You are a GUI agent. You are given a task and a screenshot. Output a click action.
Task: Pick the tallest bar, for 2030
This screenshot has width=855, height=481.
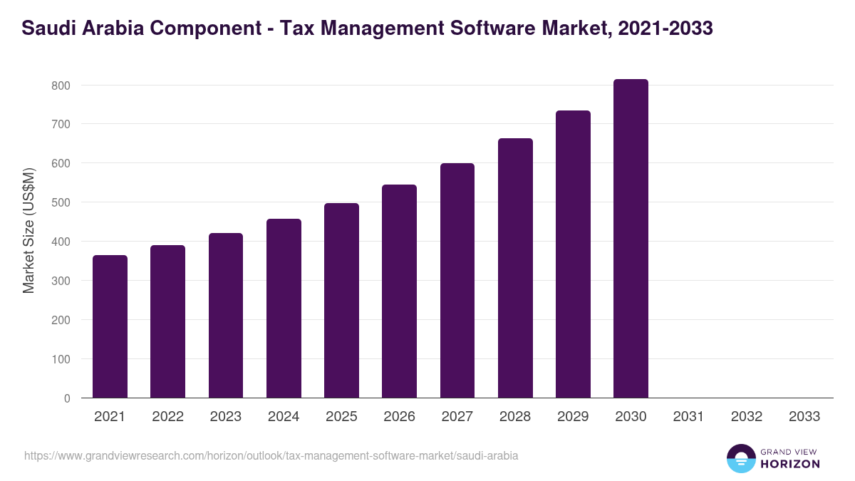(631, 238)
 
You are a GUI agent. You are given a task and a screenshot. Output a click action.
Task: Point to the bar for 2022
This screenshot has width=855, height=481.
(167, 321)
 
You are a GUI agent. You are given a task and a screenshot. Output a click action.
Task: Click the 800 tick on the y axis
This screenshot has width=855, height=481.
(61, 86)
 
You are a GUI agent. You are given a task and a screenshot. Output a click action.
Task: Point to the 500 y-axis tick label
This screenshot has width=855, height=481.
(61, 202)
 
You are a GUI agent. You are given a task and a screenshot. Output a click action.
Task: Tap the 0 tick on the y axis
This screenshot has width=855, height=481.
(67, 398)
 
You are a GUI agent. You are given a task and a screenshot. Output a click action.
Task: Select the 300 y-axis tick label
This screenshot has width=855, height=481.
(61, 281)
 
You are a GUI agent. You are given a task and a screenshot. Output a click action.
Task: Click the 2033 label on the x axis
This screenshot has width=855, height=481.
(804, 417)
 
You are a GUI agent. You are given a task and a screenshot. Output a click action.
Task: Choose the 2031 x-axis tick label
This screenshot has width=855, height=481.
(688, 417)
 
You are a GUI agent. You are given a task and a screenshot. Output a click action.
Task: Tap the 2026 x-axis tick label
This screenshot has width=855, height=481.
(399, 417)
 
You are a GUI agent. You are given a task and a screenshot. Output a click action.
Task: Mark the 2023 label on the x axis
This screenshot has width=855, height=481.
(225, 417)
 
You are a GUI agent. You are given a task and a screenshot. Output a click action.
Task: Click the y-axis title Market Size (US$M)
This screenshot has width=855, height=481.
(28, 231)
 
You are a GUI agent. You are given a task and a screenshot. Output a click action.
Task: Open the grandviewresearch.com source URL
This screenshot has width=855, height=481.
(271, 455)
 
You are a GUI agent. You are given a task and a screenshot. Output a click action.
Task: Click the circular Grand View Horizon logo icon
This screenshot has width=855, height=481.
(741, 458)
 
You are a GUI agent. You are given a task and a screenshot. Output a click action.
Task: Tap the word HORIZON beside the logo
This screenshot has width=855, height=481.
(790, 464)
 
